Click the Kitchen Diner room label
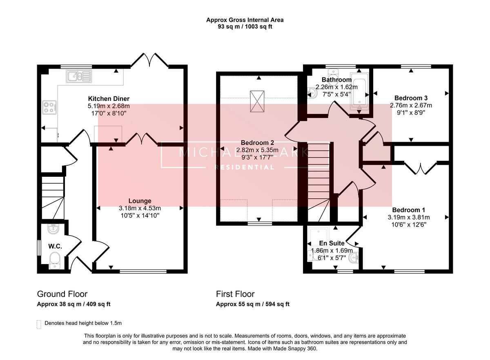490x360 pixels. (x=109, y=99)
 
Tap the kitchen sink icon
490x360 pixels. (x=79, y=76)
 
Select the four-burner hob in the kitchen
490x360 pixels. (x=49, y=107)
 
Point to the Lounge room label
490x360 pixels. (x=140, y=201)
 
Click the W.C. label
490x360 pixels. (x=55, y=247)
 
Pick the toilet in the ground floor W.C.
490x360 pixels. (x=54, y=260)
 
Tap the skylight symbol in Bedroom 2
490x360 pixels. (x=257, y=101)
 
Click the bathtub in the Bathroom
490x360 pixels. (x=359, y=91)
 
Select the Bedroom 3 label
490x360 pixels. (x=411, y=98)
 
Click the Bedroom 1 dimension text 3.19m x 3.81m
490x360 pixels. (x=409, y=218)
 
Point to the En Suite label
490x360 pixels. (x=332, y=243)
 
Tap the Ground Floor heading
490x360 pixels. (x=62, y=294)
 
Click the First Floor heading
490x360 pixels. (x=235, y=294)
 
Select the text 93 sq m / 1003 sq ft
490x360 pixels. (x=245, y=27)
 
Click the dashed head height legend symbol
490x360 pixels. (x=39, y=324)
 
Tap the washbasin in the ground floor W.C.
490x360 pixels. (x=53, y=229)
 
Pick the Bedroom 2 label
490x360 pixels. (x=257, y=143)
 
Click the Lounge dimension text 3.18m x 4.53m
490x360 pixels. (x=140, y=208)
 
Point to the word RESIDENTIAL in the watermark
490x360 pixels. (x=244, y=167)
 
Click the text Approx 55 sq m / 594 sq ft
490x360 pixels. (x=253, y=304)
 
